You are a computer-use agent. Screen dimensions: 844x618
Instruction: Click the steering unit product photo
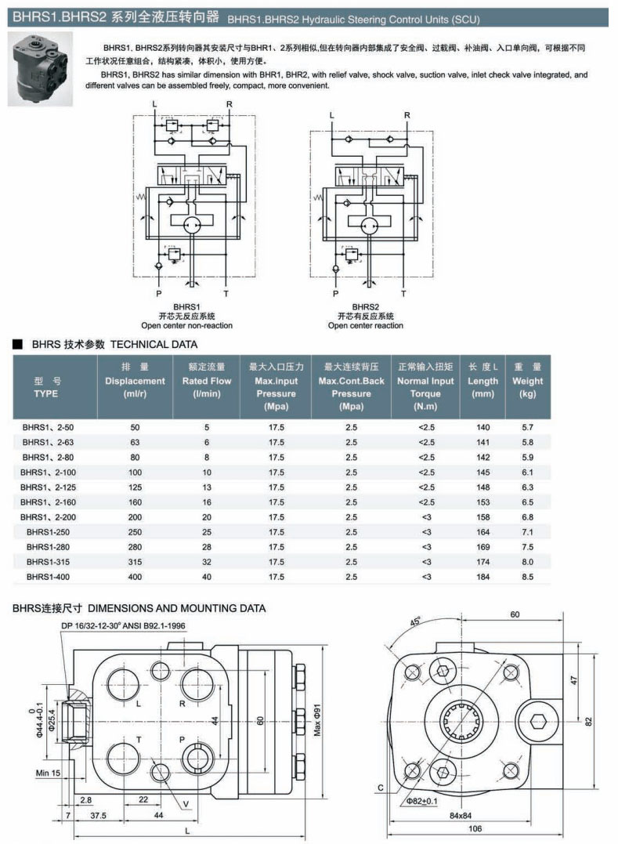[x=40, y=69]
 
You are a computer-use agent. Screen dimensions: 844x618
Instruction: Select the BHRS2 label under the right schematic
[x=366, y=306]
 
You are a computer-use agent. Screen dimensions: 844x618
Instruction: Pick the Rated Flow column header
[x=208, y=381]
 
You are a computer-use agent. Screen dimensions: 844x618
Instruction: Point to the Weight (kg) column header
[x=527, y=381]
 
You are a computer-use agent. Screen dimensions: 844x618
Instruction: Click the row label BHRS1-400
[x=48, y=577]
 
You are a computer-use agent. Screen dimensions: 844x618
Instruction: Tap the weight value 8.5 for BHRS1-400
[x=527, y=577]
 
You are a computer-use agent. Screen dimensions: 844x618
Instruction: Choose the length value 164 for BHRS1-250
[x=482, y=532]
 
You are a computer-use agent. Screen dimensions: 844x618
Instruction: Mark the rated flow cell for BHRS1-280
[x=208, y=547]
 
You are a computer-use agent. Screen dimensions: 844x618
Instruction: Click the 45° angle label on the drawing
[x=414, y=623]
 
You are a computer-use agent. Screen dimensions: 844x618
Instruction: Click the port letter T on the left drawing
[x=138, y=739]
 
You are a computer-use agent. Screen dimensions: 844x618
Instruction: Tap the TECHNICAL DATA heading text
[x=154, y=344]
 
